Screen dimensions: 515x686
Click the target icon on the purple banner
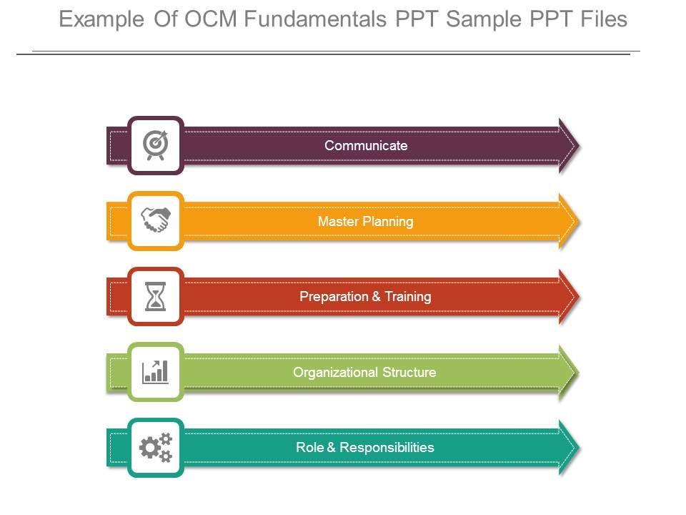(156, 144)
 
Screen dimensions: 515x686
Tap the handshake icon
(156, 220)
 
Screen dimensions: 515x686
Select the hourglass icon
(156, 296)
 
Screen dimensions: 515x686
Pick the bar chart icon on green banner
(156, 371)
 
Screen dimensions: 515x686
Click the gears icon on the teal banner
(156, 448)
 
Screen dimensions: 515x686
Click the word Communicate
(366, 146)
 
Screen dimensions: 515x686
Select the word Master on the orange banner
(338, 222)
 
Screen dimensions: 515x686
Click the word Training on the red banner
(407, 297)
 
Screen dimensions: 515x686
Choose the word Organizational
(335, 373)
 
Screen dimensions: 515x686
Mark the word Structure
(409, 373)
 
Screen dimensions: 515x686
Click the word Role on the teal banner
(309, 448)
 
